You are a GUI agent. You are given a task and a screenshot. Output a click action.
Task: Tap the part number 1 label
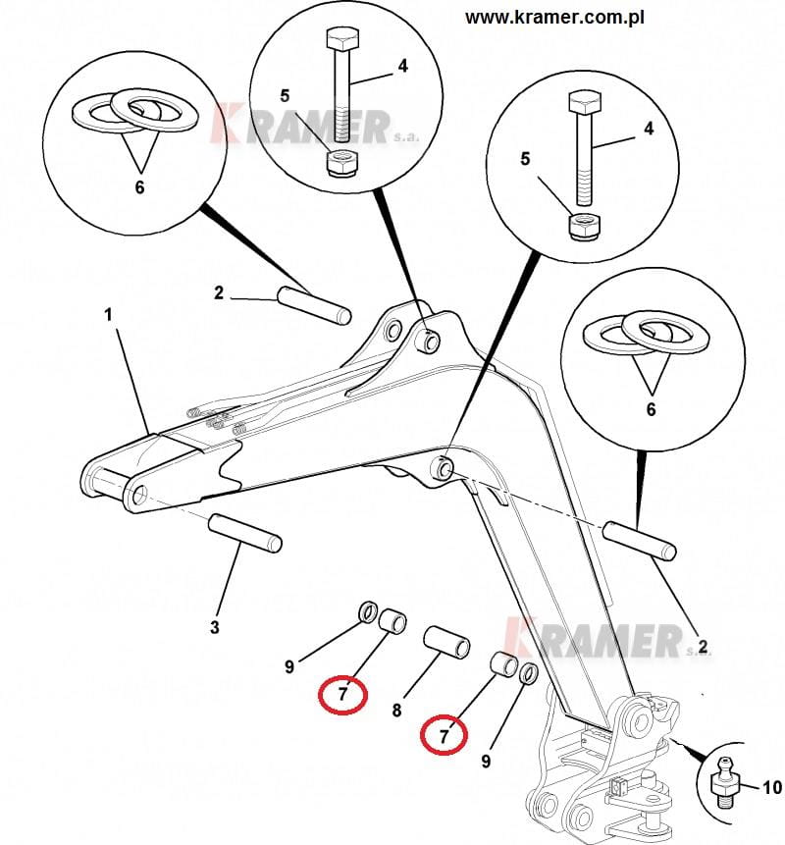(109, 314)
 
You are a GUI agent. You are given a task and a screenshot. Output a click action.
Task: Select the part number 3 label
(215, 627)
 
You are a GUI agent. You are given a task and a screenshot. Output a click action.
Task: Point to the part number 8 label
(396, 710)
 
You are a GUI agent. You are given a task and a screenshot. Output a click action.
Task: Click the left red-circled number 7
(341, 695)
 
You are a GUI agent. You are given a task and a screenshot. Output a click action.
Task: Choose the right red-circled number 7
(444, 732)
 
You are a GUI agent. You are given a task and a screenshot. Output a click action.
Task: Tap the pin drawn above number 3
(245, 532)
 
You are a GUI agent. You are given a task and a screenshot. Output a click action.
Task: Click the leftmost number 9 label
(289, 667)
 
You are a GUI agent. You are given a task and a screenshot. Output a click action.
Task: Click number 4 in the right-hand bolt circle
(649, 128)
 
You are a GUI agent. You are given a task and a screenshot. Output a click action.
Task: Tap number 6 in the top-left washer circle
(139, 186)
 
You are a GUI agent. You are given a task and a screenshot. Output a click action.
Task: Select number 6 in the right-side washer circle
(651, 409)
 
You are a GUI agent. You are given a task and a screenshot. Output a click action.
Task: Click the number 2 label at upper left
(219, 292)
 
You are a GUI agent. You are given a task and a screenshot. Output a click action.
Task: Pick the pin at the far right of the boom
(640, 540)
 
